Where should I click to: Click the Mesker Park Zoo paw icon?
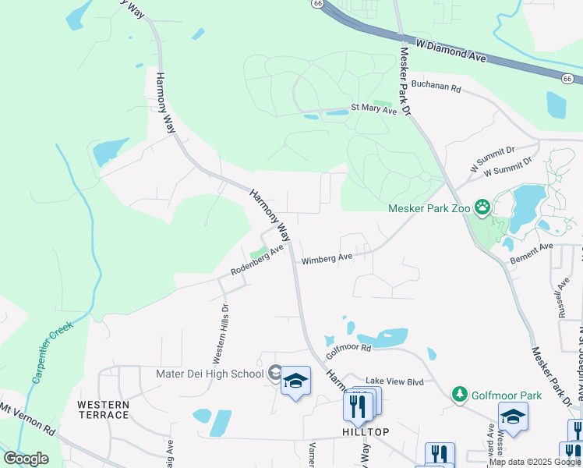pyautogui.click(x=482, y=207)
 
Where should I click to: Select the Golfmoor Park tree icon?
pyautogui.click(x=460, y=395)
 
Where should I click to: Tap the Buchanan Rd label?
pyautogui.click(x=436, y=85)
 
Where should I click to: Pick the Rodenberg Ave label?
pyautogui.click(x=256, y=262)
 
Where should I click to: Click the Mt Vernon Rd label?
pyautogui.click(x=27, y=419)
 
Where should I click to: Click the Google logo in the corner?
pyautogui.click(x=26, y=459)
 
